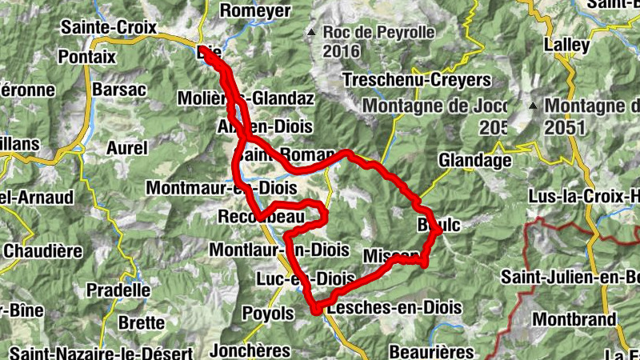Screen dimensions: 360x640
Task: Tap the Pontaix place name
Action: [x=88, y=58]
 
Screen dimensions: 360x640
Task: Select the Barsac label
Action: [x=119, y=89]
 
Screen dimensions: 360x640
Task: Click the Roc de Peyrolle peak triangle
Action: [x=311, y=33]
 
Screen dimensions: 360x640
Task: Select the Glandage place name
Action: [x=474, y=161]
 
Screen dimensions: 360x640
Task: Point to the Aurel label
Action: [x=126, y=148]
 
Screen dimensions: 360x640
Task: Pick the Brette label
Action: [x=140, y=322]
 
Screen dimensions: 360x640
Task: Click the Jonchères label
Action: [x=249, y=350]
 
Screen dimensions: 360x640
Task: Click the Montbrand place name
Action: [x=574, y=319]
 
